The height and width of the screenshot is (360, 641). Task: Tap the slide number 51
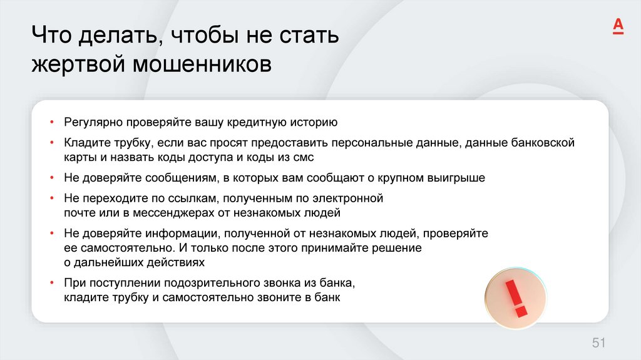pyautogui.click(x=599, y=342)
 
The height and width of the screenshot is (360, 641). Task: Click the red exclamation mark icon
pyautogui.click(x=515, y=298)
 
